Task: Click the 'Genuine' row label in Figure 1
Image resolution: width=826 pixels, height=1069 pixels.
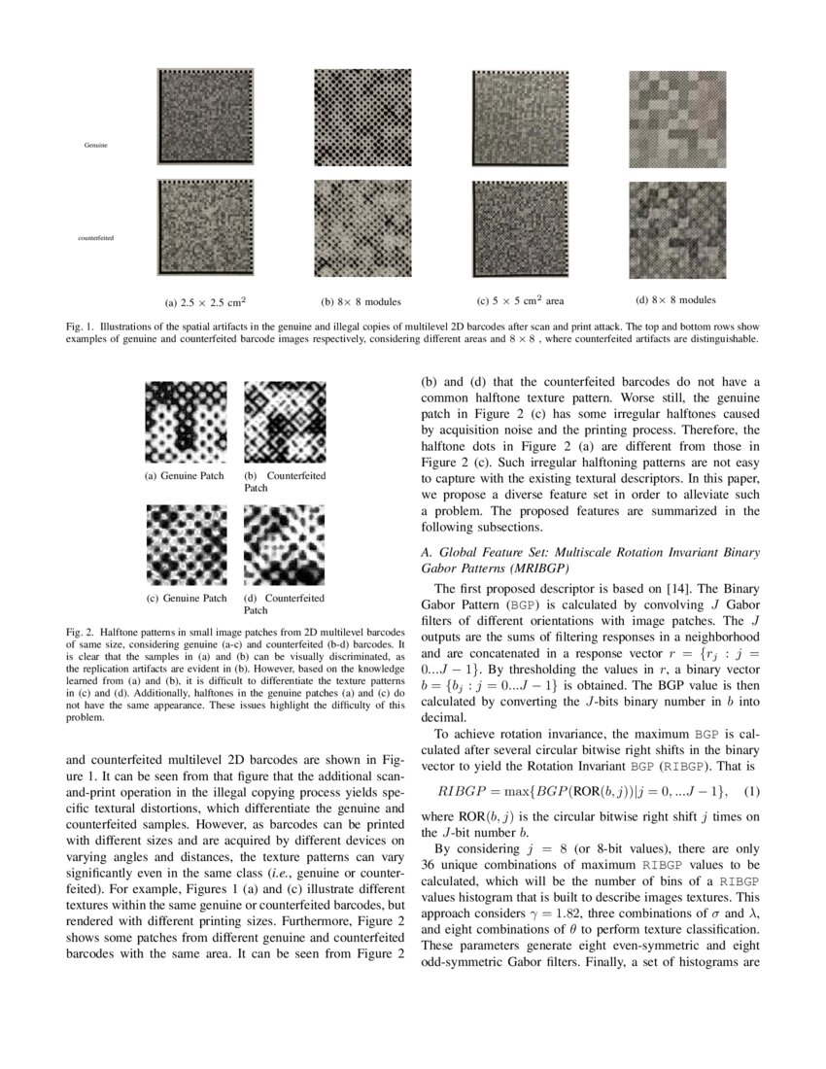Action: (95, 144)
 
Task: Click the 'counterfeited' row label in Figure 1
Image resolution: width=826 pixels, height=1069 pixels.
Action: (95, 237)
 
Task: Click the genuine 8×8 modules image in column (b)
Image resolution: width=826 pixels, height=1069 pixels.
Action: (361, 115)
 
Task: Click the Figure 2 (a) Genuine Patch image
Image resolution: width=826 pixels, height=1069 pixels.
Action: (185, 420)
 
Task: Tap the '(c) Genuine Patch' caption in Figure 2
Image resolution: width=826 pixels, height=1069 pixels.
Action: (185, 598)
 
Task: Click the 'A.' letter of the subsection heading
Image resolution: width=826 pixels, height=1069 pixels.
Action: (426, 551)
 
